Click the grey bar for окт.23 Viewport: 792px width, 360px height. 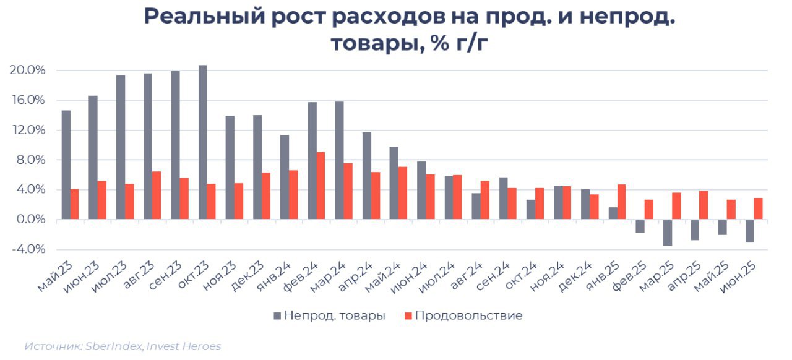coord(202,142)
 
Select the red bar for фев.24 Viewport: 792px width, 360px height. coord(321,186)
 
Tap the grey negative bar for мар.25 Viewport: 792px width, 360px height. coord(668,233)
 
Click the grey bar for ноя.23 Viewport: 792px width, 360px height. coord(230,167)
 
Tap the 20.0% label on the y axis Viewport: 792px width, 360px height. coord(28,71)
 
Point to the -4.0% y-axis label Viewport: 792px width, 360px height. coord(28,249)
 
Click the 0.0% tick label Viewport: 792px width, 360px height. coord(30,220)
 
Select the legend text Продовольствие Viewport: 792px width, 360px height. coord(468,315)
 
